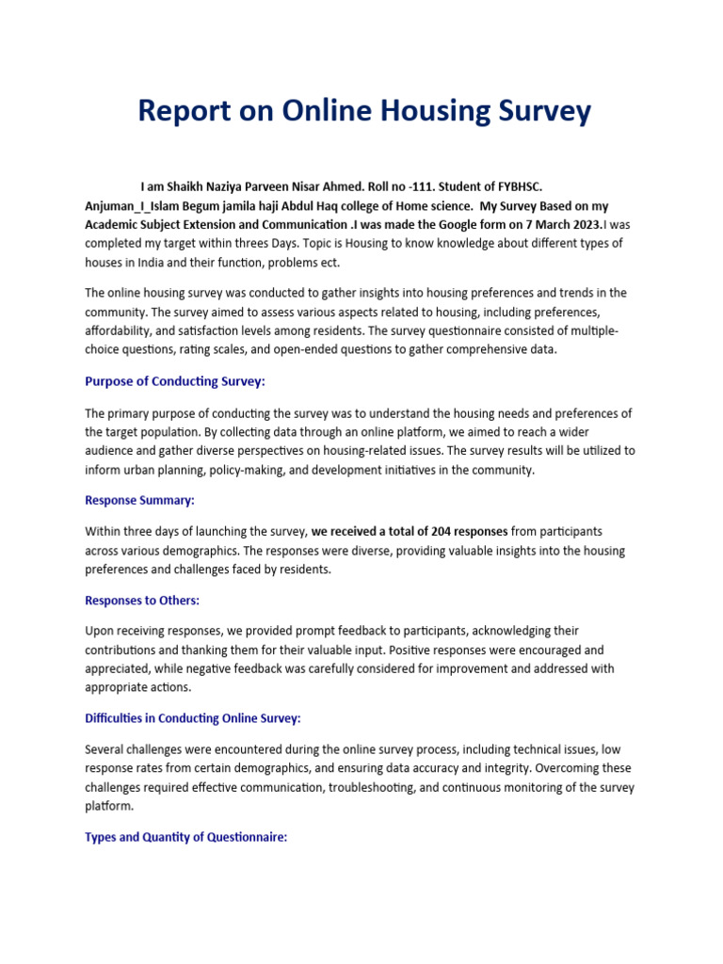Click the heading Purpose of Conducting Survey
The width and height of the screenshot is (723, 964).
175,381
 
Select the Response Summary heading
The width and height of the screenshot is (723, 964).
139,500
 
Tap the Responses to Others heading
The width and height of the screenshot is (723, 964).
142,600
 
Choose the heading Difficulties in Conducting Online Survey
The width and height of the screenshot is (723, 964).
193,718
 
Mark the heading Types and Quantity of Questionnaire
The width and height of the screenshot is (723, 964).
185,837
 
